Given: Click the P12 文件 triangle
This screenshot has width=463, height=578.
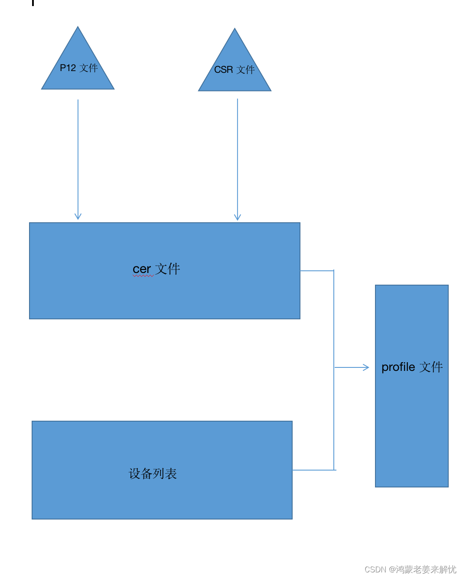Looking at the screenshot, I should [x=78, y=76].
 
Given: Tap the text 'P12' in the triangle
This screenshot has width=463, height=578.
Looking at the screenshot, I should [x=68, y=68].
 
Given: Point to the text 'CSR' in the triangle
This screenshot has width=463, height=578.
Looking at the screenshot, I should [x=223, y=70].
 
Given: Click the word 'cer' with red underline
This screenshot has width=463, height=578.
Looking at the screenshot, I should [x=142, y=269].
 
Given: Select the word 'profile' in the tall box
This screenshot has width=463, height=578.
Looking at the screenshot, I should [x=398, y=367].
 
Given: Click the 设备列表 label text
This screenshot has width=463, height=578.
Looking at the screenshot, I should [x=153, y=474].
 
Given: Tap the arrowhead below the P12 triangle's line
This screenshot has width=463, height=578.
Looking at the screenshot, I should [x=78, y=216].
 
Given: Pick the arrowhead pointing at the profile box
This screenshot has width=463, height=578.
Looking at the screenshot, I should [x=366, y=367].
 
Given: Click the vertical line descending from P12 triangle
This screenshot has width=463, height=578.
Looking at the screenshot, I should [x=78, y=156].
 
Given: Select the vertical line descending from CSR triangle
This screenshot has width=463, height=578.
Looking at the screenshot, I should [x=238, y=156].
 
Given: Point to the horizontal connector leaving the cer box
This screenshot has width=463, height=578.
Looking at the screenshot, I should [x=316, y=271].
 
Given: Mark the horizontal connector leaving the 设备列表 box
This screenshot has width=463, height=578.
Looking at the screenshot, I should [x=313, y=470].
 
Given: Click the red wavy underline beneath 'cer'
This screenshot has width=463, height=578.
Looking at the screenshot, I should [x=143, y=276].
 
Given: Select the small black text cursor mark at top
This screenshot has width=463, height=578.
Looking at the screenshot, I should [x=33, y=3].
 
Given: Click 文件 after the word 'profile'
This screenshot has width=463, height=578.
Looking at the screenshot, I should [x=431, y=367].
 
